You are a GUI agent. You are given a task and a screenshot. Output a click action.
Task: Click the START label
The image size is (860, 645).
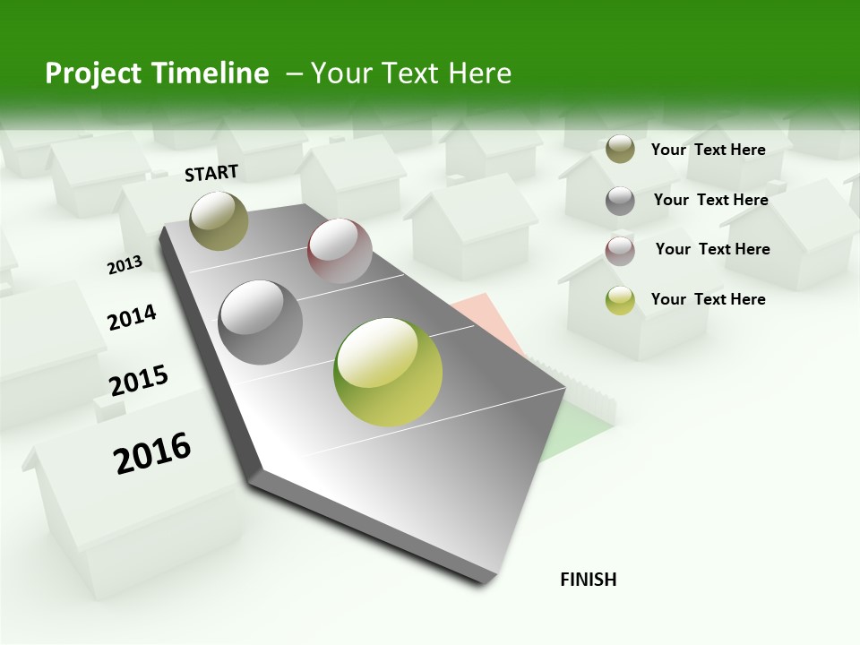[x=211, y=173]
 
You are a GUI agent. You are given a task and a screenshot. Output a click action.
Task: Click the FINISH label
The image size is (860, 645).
[x=588, y=580]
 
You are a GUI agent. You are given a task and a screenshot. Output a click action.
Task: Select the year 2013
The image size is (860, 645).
[x=125, y=265]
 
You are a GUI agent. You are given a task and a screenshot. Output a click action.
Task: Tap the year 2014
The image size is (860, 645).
[x=132, y=317]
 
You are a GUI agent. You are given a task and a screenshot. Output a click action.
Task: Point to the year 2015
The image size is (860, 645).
[x=139, y=381]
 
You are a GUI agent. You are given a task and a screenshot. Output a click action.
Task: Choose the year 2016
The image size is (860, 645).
[x=152, y=453]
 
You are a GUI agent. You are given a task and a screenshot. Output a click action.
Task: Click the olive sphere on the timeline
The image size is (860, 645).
[x=219, y=220]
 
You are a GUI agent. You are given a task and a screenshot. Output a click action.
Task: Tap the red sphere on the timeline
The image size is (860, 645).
[x=340, y=250]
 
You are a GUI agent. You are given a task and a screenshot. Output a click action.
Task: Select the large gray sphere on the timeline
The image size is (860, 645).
[x=261, y=322]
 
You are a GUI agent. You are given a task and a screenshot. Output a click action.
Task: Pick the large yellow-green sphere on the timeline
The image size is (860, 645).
[x=388, y=372]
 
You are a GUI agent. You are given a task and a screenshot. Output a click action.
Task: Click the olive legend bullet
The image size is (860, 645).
[x=620, y=150]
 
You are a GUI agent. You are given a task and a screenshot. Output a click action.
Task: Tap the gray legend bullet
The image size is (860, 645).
[x=620, y=201]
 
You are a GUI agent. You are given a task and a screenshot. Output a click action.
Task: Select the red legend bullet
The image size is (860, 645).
[x=620, y=250]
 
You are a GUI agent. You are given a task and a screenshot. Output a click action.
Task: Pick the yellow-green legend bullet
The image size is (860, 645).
[x=620, y=300]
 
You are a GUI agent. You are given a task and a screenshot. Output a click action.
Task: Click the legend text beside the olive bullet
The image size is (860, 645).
[x=708, y=150]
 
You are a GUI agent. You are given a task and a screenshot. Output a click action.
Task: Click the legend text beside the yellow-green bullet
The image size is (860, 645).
[x=708, y=299]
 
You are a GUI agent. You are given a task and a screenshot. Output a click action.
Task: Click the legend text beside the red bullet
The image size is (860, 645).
[x=712, y=249]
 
